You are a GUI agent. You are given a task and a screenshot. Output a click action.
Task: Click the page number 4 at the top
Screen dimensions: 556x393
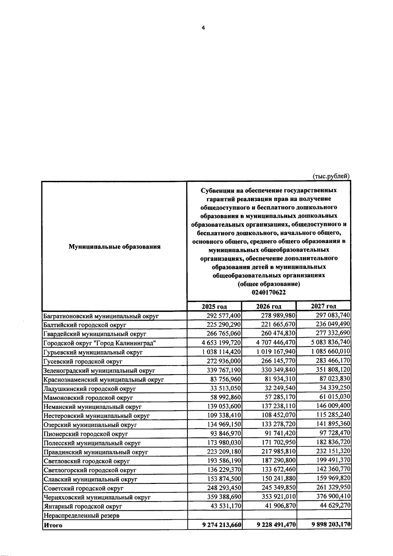(203, 28)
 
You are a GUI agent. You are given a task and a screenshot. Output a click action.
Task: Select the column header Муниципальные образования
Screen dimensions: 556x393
(114, 247)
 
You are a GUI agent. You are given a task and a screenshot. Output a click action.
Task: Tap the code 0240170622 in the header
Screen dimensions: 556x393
(269, 292)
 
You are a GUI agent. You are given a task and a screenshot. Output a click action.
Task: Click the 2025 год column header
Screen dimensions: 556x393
(214, 306)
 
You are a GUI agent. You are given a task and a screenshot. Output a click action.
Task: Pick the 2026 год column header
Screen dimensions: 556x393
(269, 306)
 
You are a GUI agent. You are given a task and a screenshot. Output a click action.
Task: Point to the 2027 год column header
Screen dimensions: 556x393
(323, 306)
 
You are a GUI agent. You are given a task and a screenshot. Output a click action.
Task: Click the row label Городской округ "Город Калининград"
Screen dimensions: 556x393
(99, 343)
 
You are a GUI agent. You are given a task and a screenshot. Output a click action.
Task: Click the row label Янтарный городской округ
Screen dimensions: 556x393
(83, 507)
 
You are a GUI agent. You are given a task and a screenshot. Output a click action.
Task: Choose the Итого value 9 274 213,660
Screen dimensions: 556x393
(222, 525)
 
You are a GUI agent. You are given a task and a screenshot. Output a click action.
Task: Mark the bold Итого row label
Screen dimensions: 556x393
(53, 525)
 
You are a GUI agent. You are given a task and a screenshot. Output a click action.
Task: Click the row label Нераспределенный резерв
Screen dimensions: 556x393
(81, 516)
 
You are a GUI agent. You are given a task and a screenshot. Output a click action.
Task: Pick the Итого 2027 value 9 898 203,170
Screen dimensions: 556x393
(331, 525)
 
